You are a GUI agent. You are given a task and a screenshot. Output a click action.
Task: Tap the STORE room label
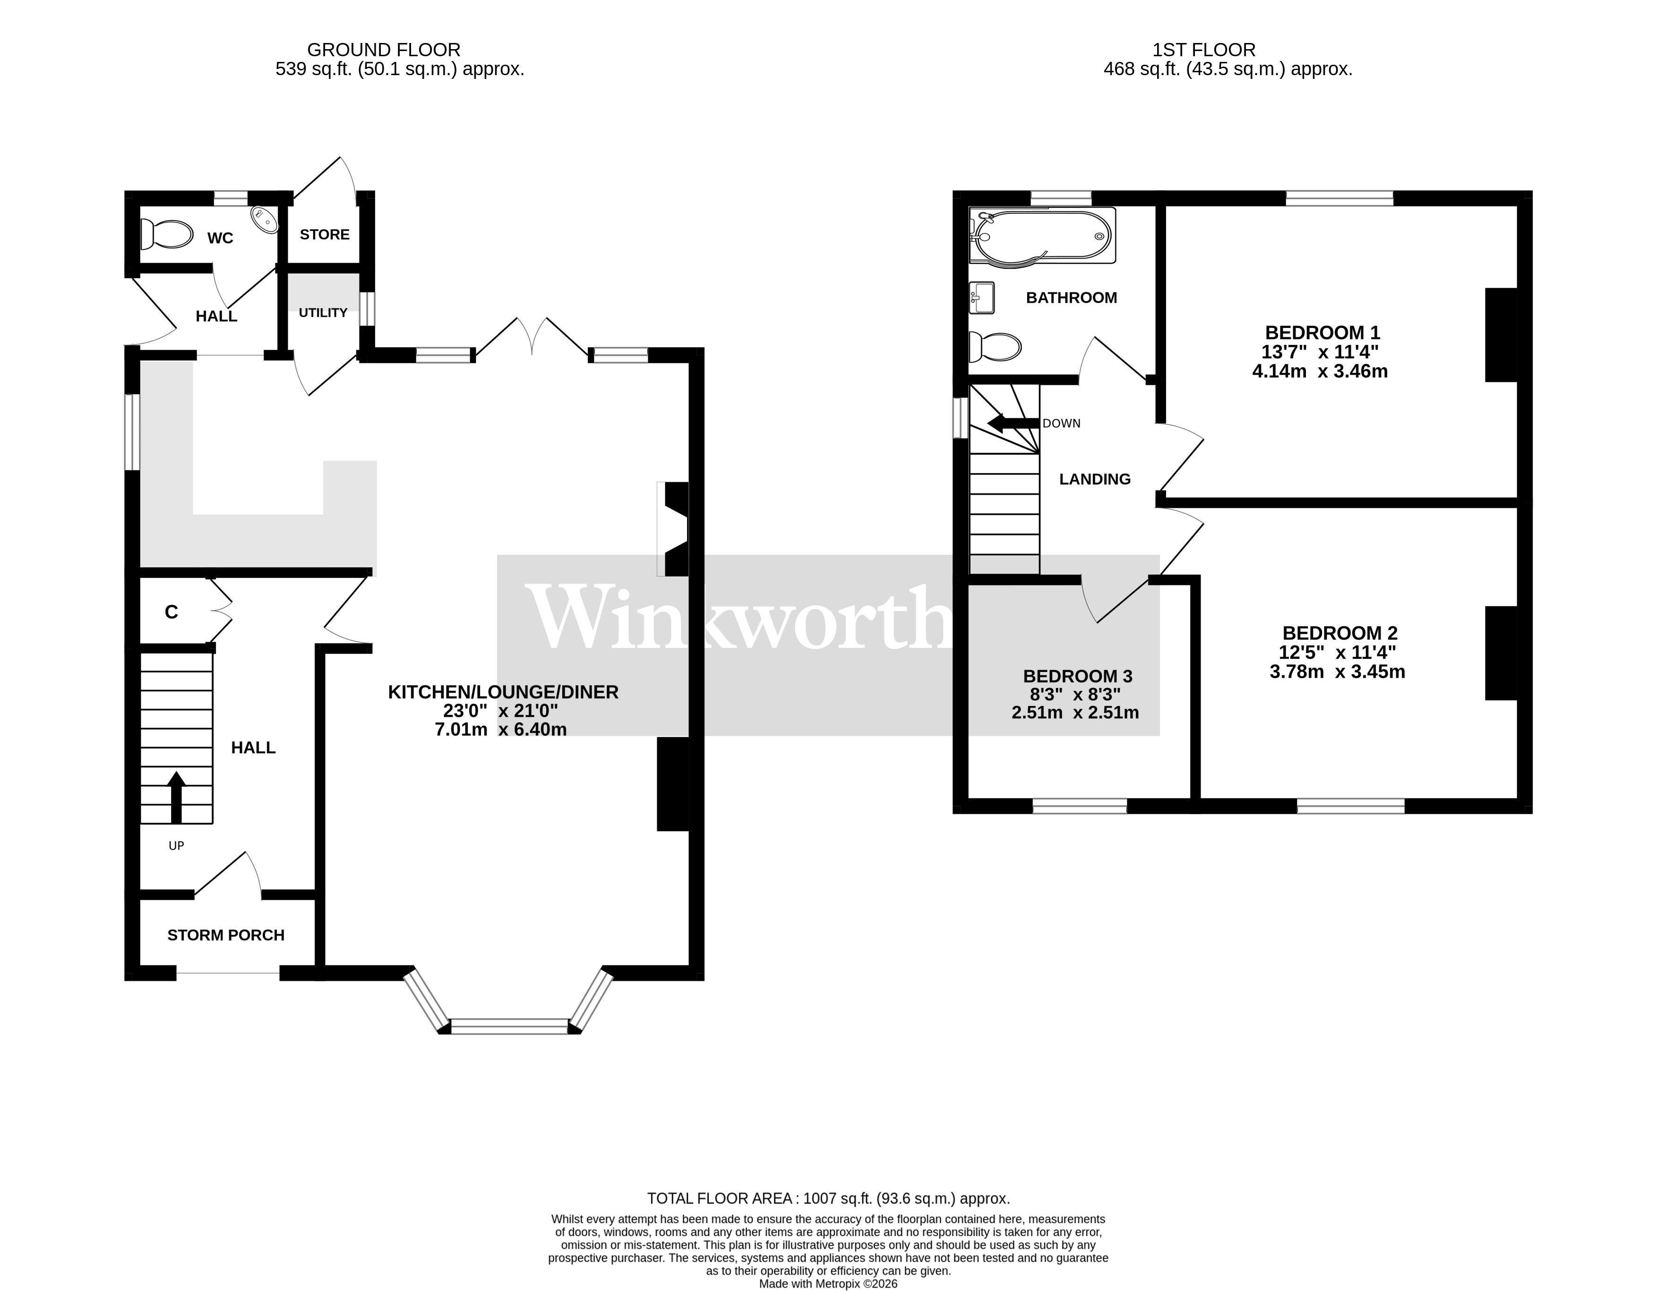pos(325,234)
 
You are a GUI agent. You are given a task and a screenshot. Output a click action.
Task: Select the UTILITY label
pos(322,313)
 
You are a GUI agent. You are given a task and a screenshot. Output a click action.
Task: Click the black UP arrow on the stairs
pos(176,797)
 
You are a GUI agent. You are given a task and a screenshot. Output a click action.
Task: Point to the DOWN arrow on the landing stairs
pos(1009,423)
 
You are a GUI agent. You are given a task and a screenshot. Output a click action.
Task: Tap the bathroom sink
pos(982,298)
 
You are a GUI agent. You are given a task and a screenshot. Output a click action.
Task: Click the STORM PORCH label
pos(226,935)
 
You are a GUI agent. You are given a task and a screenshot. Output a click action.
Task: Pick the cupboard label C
pos(172,612)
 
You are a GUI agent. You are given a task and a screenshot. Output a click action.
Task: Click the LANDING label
pos(1095,479)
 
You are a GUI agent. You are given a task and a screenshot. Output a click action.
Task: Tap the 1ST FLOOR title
pos(1203,50)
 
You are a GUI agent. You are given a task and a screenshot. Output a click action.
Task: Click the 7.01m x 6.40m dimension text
pos(501,729)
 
